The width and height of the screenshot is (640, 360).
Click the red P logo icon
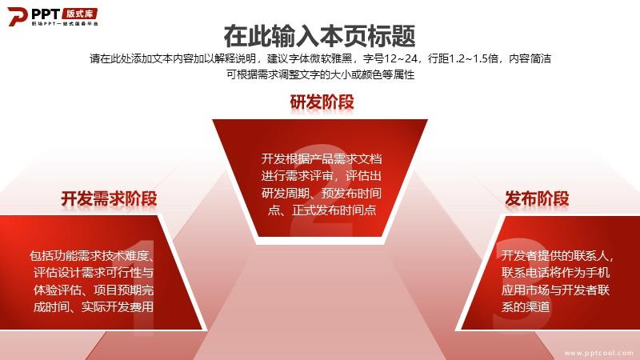[17, 16]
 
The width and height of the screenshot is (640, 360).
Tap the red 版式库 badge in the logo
[80, 14]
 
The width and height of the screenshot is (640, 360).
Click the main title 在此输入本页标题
[319, 36]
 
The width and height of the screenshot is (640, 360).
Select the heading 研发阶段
[322, 102]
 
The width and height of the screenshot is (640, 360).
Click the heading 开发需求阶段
[109, 198]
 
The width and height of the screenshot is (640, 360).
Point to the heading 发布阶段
[537, 198]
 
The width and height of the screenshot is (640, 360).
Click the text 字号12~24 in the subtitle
[390, 58]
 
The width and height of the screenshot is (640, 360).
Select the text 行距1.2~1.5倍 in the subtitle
[463, 58]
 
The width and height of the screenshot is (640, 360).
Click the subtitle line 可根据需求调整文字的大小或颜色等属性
[321, 74]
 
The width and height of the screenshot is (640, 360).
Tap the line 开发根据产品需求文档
[322, 158]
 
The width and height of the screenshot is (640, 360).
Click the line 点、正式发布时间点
[322, 210]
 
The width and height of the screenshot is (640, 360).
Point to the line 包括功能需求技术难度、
[91, 256]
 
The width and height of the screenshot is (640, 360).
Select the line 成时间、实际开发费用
[94, 306]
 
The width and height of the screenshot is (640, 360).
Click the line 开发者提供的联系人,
[558, 256]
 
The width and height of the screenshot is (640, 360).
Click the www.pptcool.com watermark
[598, 353]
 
